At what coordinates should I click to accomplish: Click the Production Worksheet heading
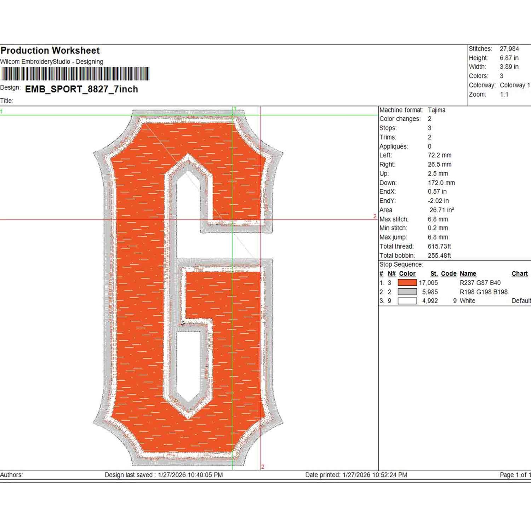point(50,51)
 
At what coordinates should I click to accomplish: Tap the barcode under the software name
point(75,74)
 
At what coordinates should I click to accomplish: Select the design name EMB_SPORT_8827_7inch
point(81,89)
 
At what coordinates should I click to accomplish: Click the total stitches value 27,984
point(509,49)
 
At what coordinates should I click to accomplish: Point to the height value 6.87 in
point(509,58)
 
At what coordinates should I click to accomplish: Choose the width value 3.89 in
point(509,67)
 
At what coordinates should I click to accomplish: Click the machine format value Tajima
point(436,110)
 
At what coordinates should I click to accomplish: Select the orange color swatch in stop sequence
point(407,283)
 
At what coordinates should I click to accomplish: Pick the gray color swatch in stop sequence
point(407,292)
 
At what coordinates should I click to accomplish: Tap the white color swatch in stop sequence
point(407,301)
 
